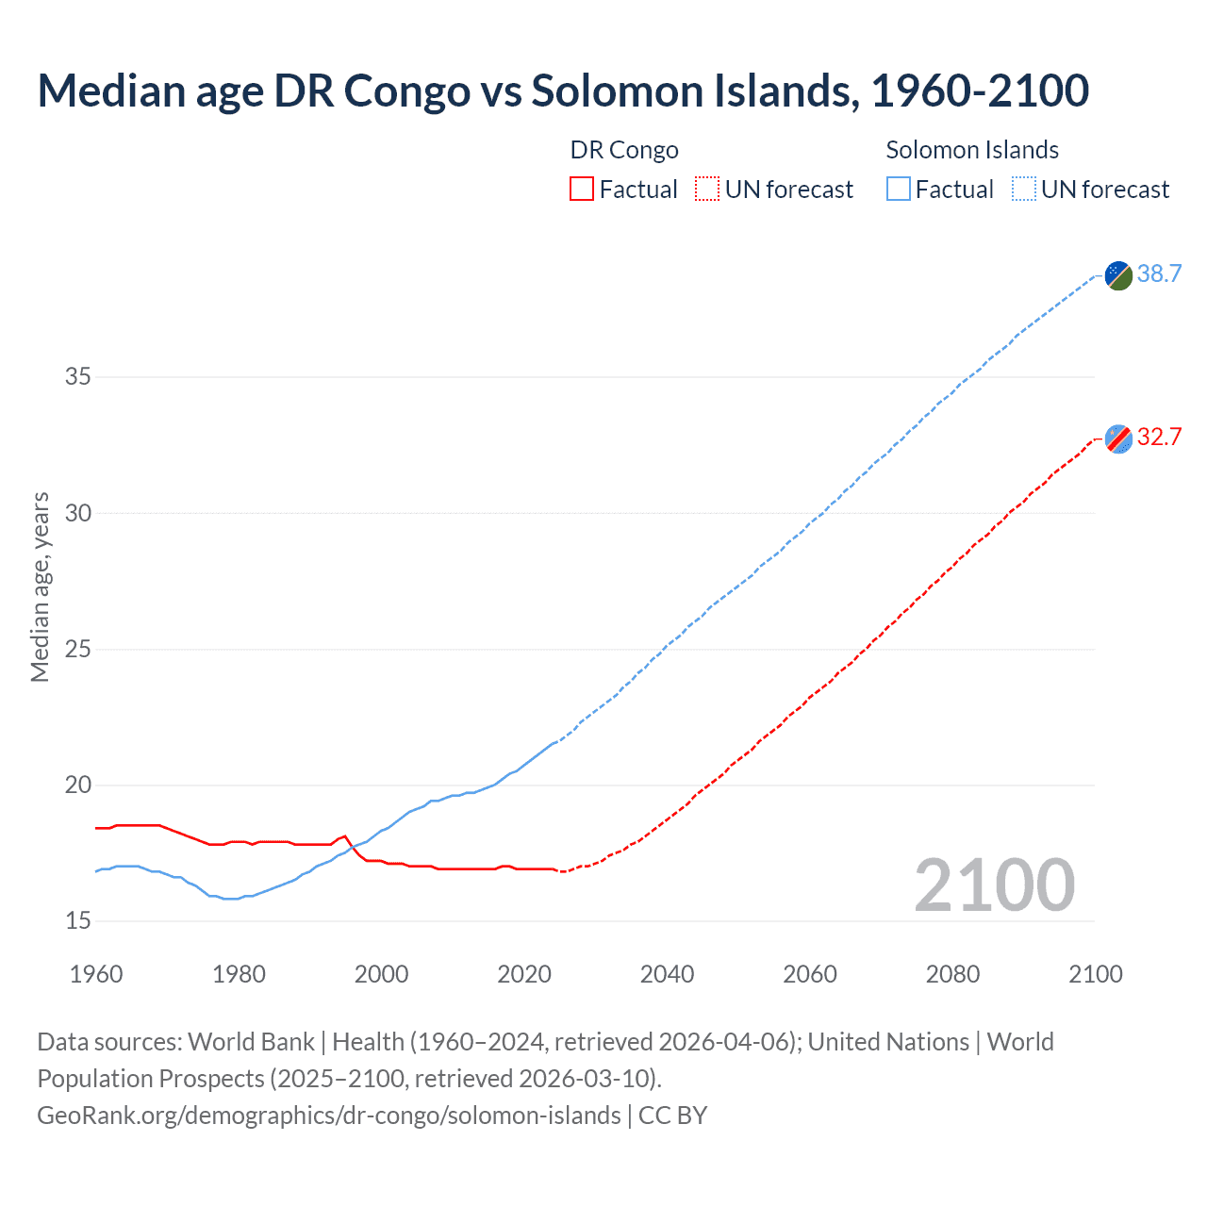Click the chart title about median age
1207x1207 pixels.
pos(563,91)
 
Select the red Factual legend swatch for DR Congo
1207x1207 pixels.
pos(582,190)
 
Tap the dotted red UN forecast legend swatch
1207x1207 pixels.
pos(707,190)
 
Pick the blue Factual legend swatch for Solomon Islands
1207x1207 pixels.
pos(898,190)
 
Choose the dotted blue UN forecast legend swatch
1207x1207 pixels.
pos(1023,190)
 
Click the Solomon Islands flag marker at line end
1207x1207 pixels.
pos(1118,275)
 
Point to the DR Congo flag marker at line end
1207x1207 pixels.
pos(1118,438)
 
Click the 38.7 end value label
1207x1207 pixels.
pos(1159,274)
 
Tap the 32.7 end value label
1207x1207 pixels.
pos(1159,438)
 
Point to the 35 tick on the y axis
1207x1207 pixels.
pos(78,377)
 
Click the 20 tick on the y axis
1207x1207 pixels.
pos(78,785)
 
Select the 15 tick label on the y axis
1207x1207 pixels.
pos(78,921)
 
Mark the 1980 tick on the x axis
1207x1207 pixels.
pos(239,974)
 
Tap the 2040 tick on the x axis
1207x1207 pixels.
pos(667,974)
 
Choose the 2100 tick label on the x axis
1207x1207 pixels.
pos(1095,974)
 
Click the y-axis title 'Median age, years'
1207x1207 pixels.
pos(40,587)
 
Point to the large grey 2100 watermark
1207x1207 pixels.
pos(994,885)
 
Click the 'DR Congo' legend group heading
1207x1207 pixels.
pos(624,150)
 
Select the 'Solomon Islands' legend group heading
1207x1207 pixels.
pos(972,150)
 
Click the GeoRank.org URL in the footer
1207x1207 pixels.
pos(329,1116)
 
